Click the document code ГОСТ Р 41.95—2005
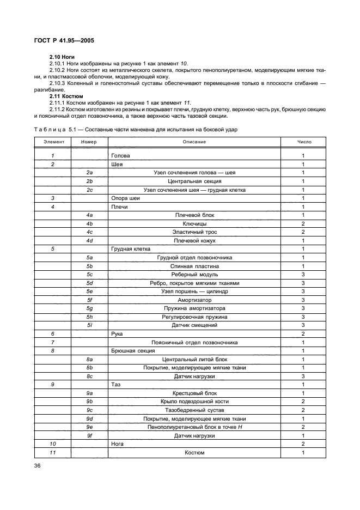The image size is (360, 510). coord(63,41)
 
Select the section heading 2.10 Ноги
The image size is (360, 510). coord(62,57)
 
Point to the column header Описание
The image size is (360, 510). coord(194,142)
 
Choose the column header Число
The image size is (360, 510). coord(303,142)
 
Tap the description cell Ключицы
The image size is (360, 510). coord(194,223)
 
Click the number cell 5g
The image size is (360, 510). coord(90,308)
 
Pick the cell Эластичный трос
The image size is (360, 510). coord(194,232)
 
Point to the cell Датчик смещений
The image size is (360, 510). coord(194,325)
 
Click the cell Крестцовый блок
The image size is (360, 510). coord(194,393)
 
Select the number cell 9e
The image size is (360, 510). coord(90,427)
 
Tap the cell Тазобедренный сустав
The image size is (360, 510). coord(194,410)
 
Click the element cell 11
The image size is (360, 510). coord(53,452)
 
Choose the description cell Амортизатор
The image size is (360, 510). coord(194,300)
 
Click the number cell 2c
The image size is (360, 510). coord(90,190)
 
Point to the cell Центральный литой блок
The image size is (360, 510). coord(194,359)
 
